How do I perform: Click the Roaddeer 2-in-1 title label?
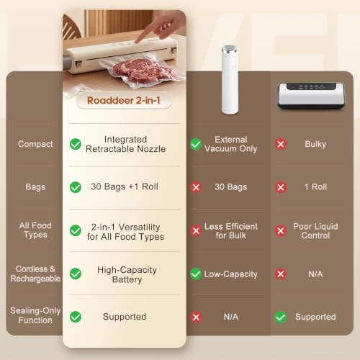(124, 101)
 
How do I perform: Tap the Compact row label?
(35, 144)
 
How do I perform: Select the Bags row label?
(35, 187)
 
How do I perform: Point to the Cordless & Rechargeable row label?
(35, 274)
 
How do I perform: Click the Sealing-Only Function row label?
(35, 315)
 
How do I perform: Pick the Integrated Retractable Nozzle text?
(125, 144)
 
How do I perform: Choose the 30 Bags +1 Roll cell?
(125, 186)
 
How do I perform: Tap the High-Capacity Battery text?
(127, 274)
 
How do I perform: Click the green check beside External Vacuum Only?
(196, 144)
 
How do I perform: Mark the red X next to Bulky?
(281, 144)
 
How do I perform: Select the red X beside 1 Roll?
(281, 187)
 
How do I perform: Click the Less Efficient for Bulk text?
(231, 231)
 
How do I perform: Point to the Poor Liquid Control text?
(315, 231)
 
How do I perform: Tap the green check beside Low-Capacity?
(196, 274)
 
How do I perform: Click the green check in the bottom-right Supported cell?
(281, 317)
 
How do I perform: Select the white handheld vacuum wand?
(230, 80)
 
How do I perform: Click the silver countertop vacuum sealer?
(311, 96)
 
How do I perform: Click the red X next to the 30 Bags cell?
(196, 187)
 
